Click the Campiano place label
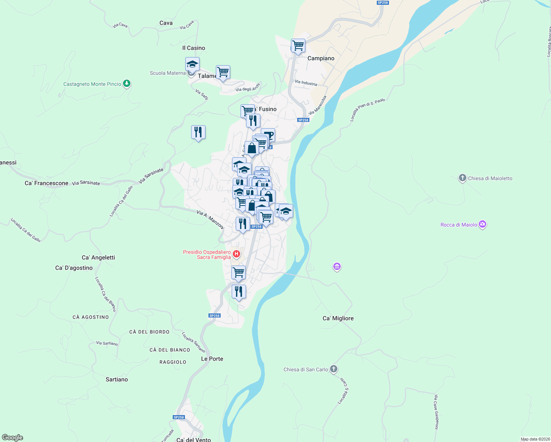pos(321,58)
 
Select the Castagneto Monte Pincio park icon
pos(127,84)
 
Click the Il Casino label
pos(193,48)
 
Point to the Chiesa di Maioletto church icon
pos(462,178)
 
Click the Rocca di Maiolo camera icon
pos(482,224)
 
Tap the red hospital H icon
pos(236,254)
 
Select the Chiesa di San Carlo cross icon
pos(334,369)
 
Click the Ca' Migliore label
pos(338,318)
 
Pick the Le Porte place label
pos(212,359)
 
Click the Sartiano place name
pos(117,379)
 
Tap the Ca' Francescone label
pos(46,183)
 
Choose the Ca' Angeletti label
pos(98,257)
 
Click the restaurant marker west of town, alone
pos(198,132)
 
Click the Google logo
pos(13,438)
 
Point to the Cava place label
pos(166,23)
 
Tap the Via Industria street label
pos(306,83)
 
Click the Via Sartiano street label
pos(107,343)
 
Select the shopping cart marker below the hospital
pos(238,273)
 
